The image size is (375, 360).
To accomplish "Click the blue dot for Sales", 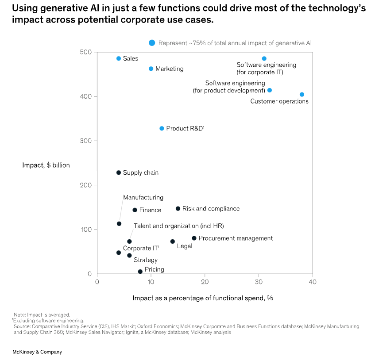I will [x=119, y=58].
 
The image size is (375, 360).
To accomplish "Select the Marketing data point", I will [x=151, y=69].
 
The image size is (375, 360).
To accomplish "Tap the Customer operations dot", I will [x=302, y=94].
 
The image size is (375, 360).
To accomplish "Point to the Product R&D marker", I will [x=162, y=128].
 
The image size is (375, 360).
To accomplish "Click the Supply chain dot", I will [x=119, y=172].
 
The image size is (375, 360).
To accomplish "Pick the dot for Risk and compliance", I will [x=178, y=208].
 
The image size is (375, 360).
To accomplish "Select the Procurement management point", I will [x=194, y=238].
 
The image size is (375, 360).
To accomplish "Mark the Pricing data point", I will [x=140, y=272].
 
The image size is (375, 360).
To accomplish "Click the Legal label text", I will [x=185, y=246].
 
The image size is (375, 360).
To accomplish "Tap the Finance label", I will [x=150, y=210].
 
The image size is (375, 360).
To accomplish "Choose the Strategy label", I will [x=146, y=260].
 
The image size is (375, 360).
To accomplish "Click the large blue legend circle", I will [x=152, y=42].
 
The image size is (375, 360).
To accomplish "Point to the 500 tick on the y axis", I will [x=85, y=52].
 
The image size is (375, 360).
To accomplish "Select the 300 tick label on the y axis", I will [x=85, y=141].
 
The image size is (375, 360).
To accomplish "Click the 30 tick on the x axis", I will [x=259, y=282].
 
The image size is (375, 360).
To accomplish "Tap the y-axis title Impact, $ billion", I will [x=46, y=165].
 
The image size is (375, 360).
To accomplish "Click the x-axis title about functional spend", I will [x=203, y=298].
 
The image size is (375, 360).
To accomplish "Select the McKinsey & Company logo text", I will [x=37, y=352].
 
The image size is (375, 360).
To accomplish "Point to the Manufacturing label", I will [x=143, y=197].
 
